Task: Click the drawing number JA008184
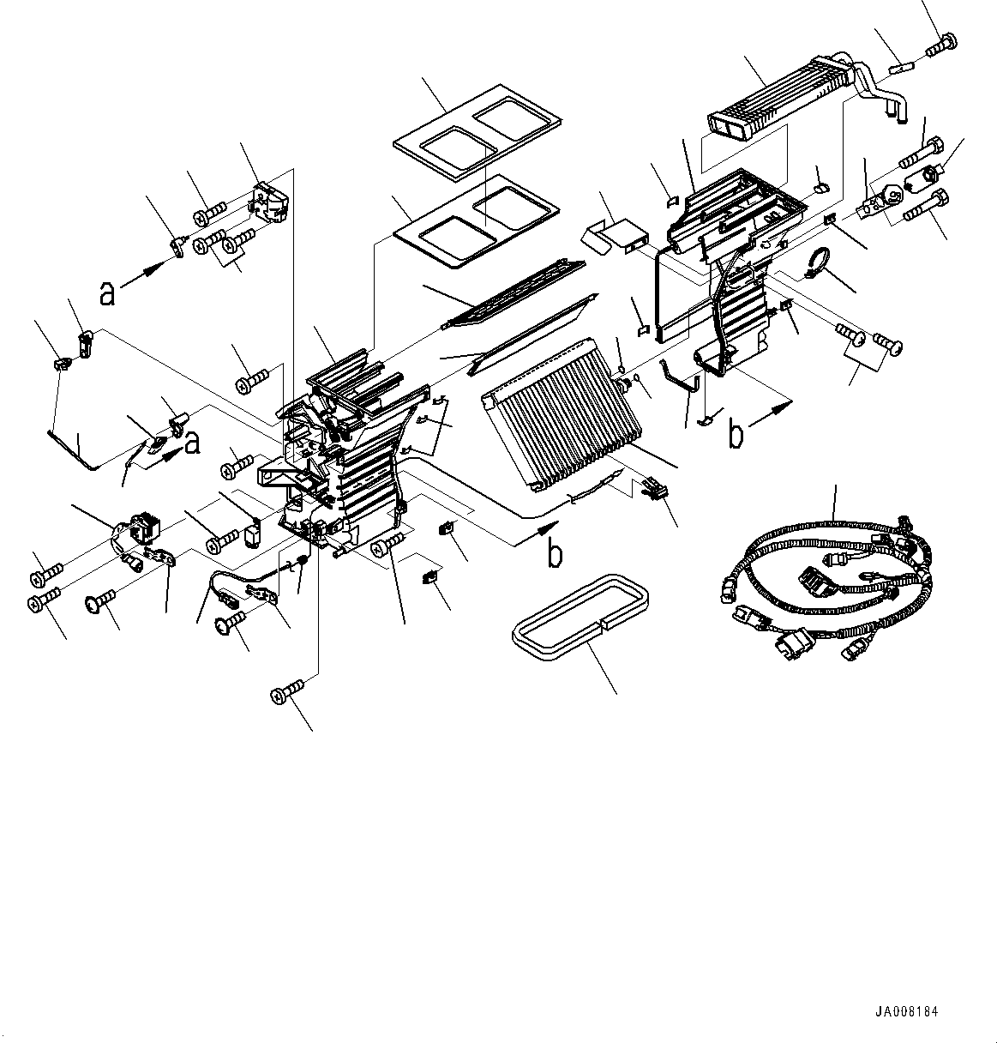tap(907, 1012)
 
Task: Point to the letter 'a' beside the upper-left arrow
tap(106, 293)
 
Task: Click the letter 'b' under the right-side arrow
tap(736, 435)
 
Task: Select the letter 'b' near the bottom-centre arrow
tap(556, 554)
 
